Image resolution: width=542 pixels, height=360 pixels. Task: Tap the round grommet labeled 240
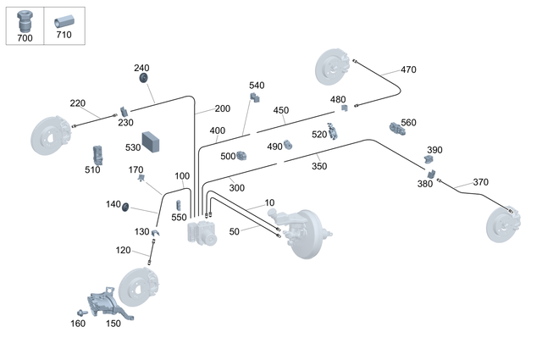coord(143,79)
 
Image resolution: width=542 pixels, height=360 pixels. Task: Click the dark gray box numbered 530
coord(152,141)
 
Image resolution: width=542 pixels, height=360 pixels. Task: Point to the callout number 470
coord(408,69)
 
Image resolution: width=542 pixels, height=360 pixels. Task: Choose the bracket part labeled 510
coord(98,154)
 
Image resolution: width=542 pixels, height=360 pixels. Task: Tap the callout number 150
coord(113,323)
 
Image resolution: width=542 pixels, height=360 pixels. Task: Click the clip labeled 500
coord(241,155)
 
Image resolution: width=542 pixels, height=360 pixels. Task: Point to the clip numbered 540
coord(252,98)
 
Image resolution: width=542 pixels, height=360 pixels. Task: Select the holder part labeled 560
coord(397,129)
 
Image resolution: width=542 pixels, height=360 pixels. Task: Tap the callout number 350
coord(318,166)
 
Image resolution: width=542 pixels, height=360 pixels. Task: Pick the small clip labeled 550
coord(179,205)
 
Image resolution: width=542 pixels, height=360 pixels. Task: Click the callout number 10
coord(269,203)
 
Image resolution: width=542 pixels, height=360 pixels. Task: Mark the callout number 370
coord(480,182)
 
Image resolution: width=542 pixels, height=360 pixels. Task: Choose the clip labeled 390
coord(429,159)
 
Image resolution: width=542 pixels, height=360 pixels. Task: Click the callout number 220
coord(78,103)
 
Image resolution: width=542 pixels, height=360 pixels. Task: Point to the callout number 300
coord(236,187)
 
